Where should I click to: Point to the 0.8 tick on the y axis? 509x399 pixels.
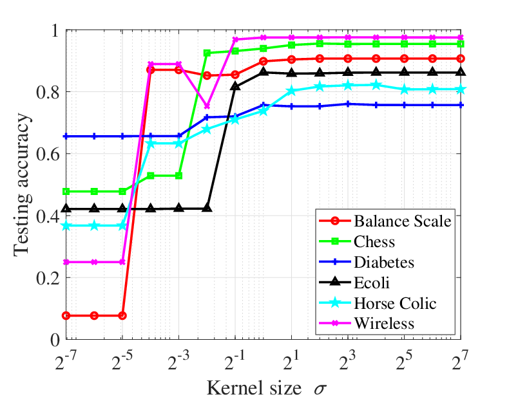click(48, 93)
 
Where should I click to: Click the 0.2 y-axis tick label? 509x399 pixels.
click(48, 278)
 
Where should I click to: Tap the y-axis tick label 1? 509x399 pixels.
click(55, 31)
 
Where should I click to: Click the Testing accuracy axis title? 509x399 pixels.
click(22, 185)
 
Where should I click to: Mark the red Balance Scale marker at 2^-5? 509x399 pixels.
click(122, 315)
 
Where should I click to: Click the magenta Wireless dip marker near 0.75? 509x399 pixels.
click(207, 107)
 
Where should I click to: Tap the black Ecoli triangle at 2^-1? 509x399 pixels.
click(235, 86)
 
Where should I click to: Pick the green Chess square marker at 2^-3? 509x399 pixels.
click(178, 176)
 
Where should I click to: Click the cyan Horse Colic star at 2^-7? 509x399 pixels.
click(66, 226)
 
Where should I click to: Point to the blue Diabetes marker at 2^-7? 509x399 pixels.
click(66, 136)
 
